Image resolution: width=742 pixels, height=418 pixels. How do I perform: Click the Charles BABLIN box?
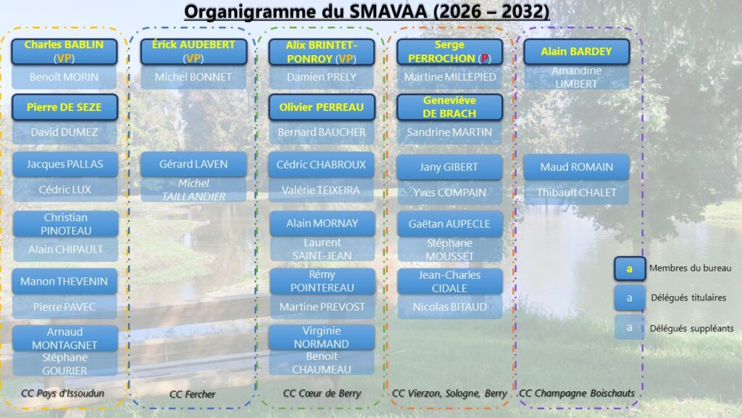tap(64, 52)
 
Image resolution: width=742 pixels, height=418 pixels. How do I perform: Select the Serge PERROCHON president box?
tap(449, 52)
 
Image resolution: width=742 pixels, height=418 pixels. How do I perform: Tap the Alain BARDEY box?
tap(576, 52)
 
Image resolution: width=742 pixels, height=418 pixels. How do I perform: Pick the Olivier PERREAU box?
tap(322, 107)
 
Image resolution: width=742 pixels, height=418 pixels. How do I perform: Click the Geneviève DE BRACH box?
tap(449, 107)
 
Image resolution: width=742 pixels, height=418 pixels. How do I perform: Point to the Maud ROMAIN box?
tap(576, 167)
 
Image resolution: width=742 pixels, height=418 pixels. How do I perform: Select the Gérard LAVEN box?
tap(193, 164)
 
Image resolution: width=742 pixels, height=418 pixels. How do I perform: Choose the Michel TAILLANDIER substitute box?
tap(193, 189)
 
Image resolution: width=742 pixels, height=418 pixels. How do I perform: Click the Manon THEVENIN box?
tap(64, 281)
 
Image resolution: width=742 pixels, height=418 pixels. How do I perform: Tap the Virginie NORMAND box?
tap(322, 337)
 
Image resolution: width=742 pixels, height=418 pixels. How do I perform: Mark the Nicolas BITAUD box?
tap(449, 307)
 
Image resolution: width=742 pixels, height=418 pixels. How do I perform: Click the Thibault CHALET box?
tap(576, 192)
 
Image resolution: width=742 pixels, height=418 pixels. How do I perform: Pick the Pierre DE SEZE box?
tap(64, 107)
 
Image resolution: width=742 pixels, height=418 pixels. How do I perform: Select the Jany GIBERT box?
tap(449, 167)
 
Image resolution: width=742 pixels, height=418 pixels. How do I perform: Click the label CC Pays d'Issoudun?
tap(62, 393)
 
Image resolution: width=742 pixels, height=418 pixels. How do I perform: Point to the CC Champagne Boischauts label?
tap(577, 393)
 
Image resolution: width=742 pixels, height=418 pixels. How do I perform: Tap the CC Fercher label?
tap(192, 394)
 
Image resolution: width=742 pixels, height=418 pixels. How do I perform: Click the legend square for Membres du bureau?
tap(630, 269)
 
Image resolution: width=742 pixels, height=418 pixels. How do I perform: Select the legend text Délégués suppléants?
tap(691, 329)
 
